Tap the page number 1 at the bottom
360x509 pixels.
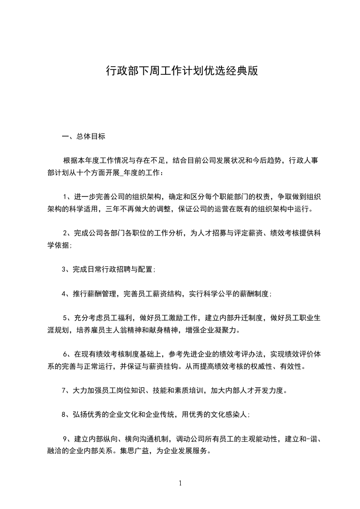tap(180, 483)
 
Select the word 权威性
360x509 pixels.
tap(259, 366)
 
